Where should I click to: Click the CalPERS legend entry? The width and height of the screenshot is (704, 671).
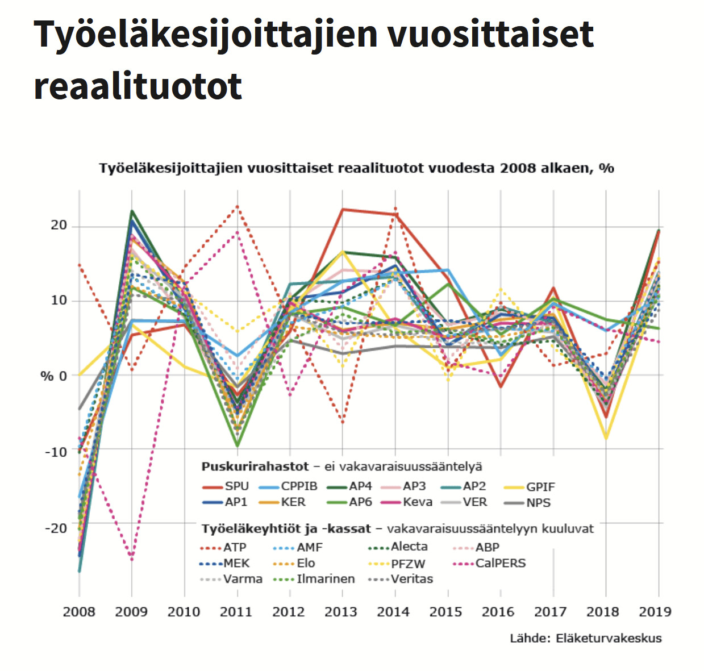(489, 563)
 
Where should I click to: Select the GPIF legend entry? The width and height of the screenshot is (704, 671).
(529, 487)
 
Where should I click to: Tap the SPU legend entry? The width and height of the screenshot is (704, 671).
(225, 486)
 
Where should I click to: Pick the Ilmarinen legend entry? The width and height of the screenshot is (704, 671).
(314, 579)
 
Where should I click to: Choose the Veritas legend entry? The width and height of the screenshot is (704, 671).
(401, 579)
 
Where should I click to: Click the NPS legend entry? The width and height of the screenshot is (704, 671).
(527, 503)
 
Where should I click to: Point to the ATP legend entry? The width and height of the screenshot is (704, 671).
(223, 548)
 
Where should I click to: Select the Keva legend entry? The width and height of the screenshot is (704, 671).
(406, 502)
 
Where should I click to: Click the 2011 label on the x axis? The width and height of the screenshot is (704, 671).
(236, 612)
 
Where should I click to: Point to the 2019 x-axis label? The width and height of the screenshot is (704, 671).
(655, 612)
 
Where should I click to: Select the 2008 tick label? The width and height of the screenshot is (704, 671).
(79, 612)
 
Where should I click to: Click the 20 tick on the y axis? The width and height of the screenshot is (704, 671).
(59, 225)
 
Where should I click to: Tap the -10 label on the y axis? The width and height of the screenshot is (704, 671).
(56, 452)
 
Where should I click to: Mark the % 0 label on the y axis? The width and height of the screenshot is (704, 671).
(54, 376)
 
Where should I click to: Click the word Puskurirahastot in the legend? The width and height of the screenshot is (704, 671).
(255, 467)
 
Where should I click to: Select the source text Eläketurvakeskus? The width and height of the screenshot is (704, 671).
(609, 639)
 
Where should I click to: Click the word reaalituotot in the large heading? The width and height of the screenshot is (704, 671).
(138, 86)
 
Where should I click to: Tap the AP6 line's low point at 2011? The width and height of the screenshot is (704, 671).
(238, 446)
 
